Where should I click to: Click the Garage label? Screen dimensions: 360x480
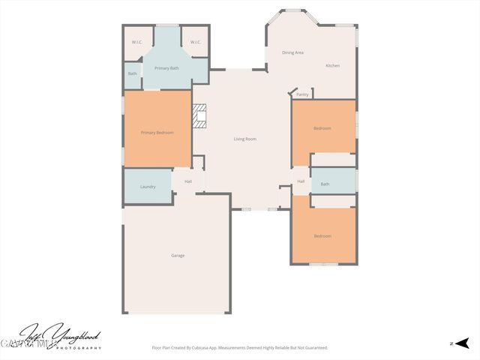tap(178, 256)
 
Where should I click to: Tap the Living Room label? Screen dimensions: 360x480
tap(245, 139)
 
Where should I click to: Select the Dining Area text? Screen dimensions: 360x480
tap(292, 52)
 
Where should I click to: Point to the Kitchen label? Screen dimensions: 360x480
tap(332, 66)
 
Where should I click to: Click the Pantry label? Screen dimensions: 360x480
tap(302, 94)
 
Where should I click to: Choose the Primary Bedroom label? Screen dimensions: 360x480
tap(157, 133)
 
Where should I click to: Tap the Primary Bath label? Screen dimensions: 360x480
tap(166, 68)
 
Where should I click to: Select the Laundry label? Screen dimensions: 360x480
tap(148, 187)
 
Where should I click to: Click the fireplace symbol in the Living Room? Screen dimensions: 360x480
tap(199, 117)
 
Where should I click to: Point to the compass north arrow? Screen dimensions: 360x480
tap(458, 343)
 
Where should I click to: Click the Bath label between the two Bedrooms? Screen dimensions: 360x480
tap(325, 184)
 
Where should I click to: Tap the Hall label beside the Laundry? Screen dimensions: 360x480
tap(188, 181)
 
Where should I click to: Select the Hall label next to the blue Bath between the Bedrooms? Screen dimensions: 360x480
tap(301, 181)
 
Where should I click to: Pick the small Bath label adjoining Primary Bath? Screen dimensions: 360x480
tap(133, 73)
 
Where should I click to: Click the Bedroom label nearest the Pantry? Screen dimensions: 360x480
tap(322, 128)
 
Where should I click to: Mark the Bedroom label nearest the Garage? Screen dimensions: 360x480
tap(322, 236)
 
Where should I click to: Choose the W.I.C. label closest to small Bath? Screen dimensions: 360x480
tap(137, 42)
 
